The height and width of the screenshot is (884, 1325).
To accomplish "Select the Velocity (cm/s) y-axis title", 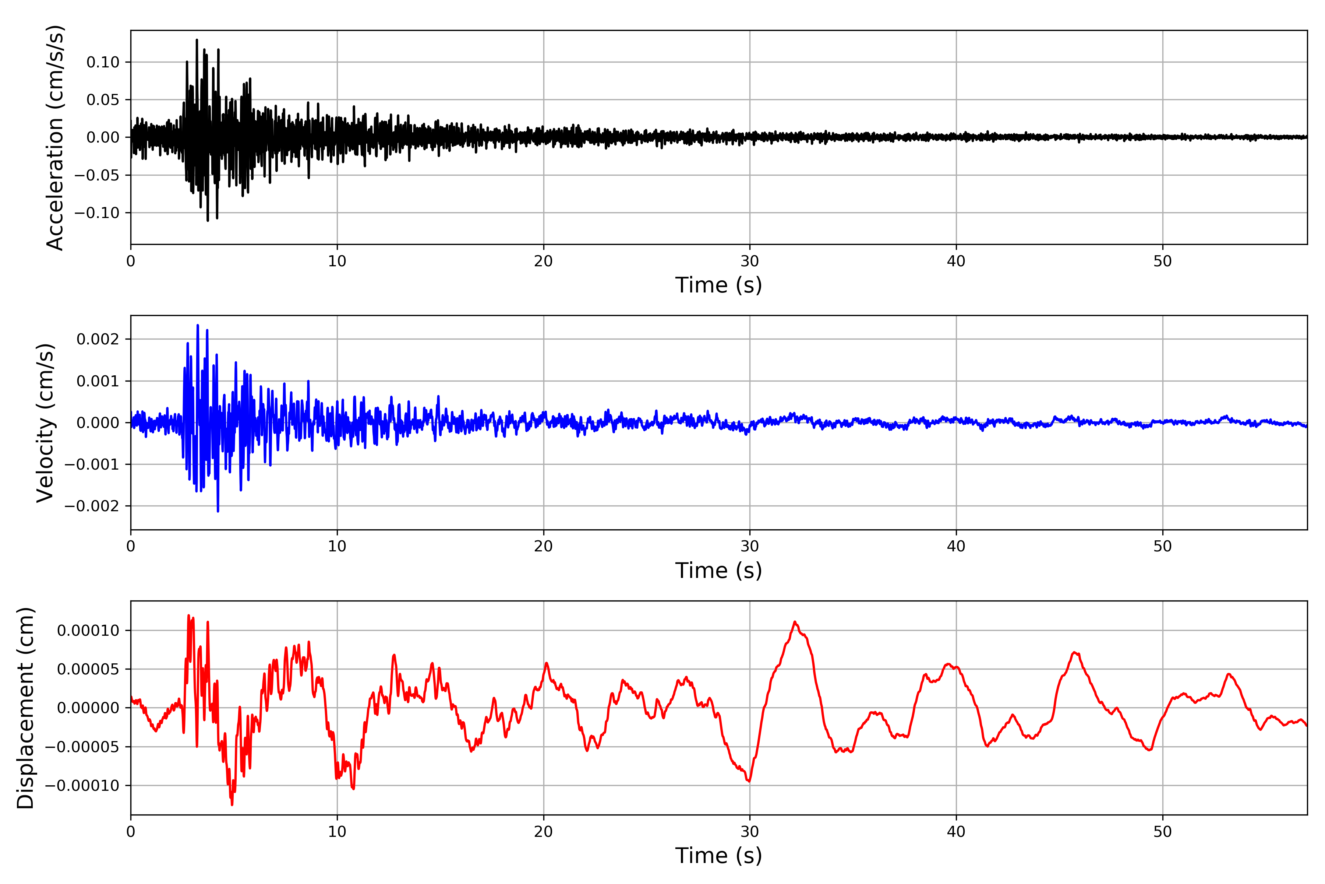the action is [45, 423].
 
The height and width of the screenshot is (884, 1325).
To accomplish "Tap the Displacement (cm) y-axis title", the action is [25, 708].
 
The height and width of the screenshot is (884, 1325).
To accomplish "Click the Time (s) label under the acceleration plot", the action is [718, 285].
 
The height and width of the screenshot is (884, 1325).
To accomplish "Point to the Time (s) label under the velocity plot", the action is [718, 571].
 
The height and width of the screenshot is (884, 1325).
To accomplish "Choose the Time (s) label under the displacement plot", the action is [718, 856].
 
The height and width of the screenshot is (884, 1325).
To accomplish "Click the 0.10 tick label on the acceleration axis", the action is [103, 62].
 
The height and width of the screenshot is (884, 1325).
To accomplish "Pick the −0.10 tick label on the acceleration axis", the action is [97, 213].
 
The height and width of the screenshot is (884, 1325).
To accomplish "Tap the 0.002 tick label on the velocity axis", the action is [98, 339].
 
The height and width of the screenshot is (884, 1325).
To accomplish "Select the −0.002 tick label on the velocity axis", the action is [92, 506].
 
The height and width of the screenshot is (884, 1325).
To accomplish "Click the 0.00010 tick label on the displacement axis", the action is [88, 630].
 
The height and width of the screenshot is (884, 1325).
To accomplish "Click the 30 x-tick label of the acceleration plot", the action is [750, 262].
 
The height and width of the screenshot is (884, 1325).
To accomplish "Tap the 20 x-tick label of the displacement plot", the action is [544, 832].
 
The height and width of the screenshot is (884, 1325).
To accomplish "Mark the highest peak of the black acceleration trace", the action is [197, 39].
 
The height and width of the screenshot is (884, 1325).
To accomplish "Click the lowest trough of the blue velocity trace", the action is [218, 511].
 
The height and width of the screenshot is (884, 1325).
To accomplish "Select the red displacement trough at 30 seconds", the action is [749, 781].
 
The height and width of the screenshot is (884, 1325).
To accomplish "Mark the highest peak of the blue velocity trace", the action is [198, 325].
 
